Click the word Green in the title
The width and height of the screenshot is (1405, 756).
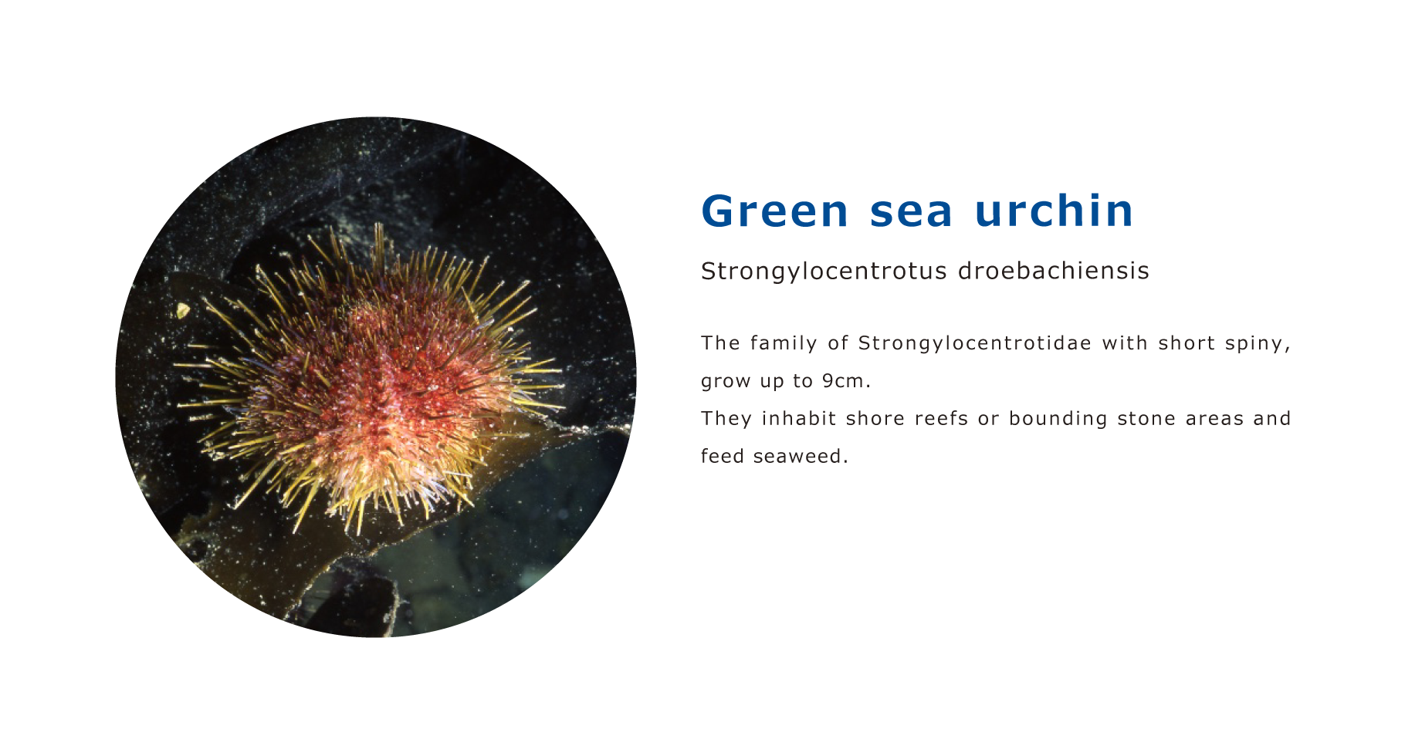coord(775,211)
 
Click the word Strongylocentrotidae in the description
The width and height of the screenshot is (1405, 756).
coord(975,343)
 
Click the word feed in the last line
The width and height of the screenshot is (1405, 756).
coord(722,457)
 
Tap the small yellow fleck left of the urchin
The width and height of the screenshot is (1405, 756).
coord(183,311)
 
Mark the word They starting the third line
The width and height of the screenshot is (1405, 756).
coord(726,419)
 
